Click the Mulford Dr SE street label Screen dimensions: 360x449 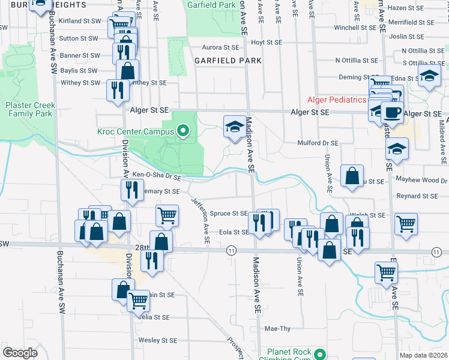[318, 143]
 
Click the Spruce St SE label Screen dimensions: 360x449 [229, 213]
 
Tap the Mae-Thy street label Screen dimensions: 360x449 [278, 329]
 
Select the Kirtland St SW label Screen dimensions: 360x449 [79, 21]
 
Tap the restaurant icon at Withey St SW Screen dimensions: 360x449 [116, 90]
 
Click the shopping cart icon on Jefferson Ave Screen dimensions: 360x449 [167, 214]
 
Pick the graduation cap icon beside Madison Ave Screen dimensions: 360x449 [235, 125]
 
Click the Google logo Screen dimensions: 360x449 [20, 353]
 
